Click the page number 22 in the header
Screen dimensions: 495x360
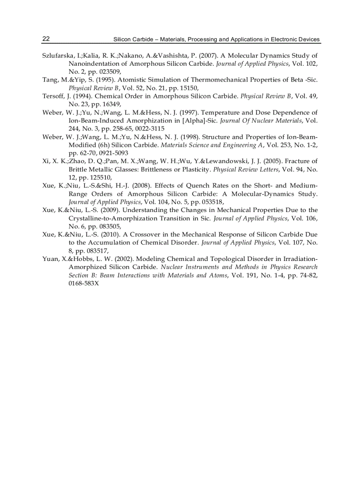(46, 39)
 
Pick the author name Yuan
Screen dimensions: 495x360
(50, 259)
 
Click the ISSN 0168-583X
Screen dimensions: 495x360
(84, 283)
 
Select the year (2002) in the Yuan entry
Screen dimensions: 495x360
(106, 259)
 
